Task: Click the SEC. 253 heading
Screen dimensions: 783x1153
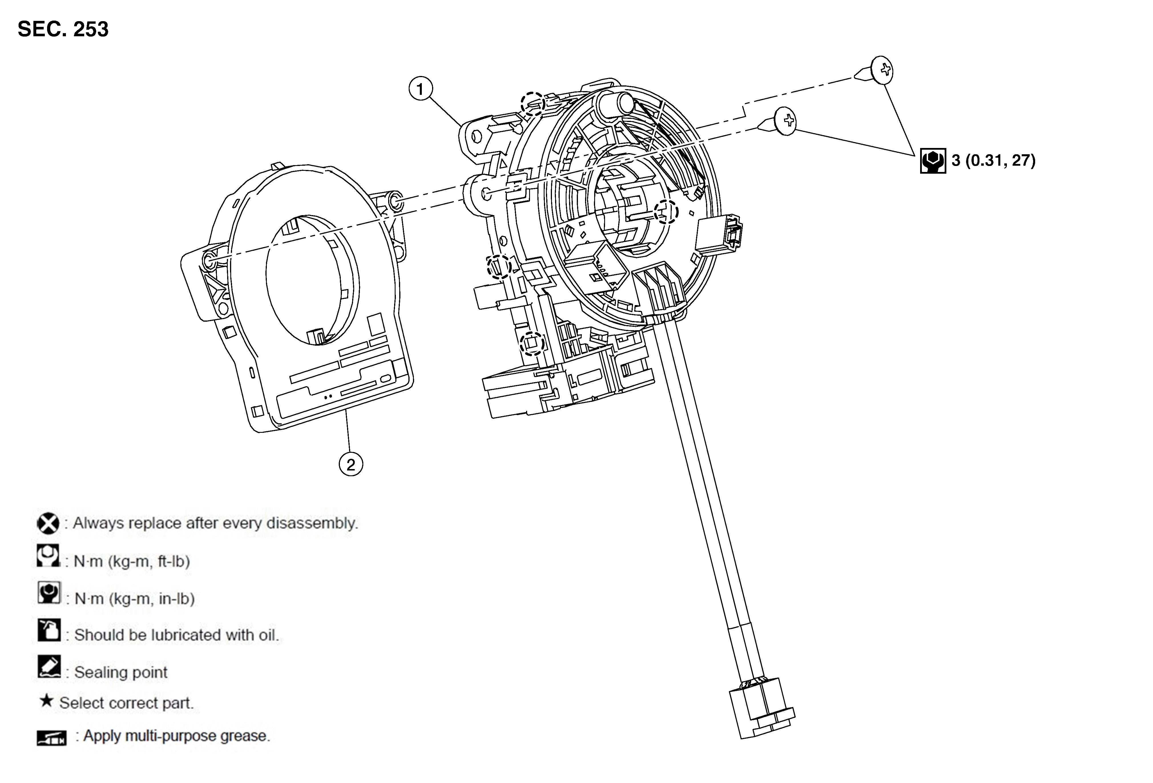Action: pos(63,29)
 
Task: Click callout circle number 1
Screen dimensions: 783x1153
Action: pos(420,89)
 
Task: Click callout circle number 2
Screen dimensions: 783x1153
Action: pos(351,465)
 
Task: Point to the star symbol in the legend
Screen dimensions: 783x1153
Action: pos(46,701)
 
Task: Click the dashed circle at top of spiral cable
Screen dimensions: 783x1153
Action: pos(532,104)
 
